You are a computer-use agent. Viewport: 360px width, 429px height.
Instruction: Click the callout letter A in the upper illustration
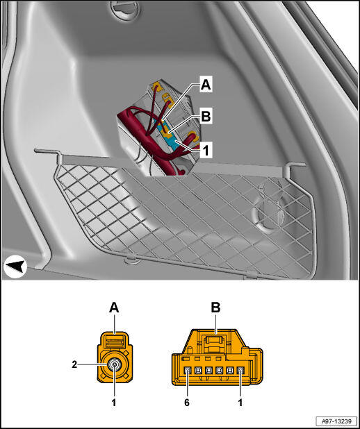pos(206,85)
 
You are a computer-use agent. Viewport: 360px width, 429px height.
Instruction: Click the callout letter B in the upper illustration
pos(206,117)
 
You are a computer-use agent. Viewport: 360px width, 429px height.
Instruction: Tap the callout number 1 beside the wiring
pos(206,150)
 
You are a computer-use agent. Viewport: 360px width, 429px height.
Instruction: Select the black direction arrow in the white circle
pos(15,267)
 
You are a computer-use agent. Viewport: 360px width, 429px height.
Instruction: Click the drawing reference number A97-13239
pos(336,421)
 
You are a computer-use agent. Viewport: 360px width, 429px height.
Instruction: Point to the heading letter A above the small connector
pos(114,308)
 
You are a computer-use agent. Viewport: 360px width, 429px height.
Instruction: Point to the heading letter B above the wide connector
pos(215,308)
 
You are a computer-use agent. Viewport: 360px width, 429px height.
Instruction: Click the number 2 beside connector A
pos(74,364)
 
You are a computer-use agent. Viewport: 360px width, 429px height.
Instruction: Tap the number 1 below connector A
pos(114,402)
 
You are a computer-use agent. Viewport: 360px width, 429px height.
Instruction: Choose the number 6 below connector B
pos(187,402)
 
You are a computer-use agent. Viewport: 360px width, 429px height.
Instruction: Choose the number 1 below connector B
pos(240,402)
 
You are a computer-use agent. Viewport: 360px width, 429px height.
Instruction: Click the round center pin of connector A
pos(114,364)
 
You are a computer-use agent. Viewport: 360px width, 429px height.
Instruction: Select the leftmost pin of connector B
pos(187,371)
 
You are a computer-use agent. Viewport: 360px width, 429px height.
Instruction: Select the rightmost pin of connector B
pos(240,371)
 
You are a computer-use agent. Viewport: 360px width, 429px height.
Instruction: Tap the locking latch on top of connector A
pos(115,343)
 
